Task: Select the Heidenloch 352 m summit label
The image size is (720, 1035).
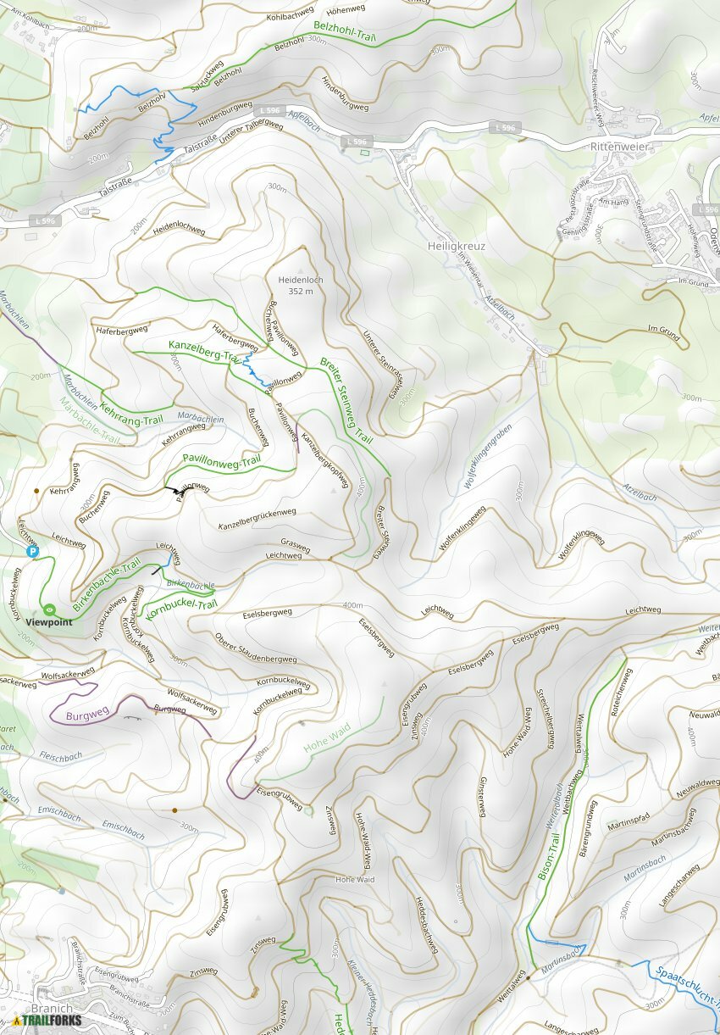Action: pos(295,285)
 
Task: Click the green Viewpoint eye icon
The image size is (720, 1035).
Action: pos(50,609)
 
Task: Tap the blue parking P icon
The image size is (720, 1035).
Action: pos(34,552)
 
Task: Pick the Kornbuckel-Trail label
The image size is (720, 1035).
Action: pos(181,608)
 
